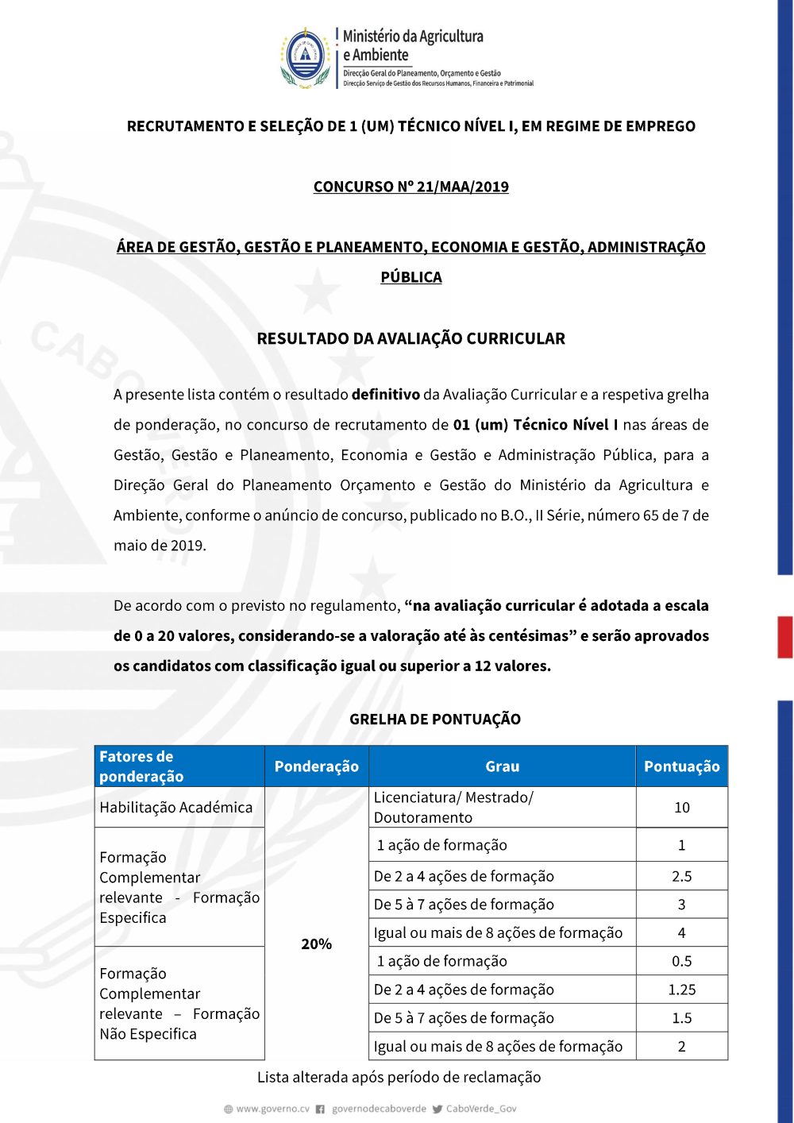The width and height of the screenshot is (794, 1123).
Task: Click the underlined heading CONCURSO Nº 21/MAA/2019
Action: point(410,187)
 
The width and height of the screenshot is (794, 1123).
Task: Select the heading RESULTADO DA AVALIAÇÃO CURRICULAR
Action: point(410,338)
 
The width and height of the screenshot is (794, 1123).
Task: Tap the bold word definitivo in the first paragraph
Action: point(385,395)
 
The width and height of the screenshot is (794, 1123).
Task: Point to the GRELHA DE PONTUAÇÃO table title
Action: point(435,719)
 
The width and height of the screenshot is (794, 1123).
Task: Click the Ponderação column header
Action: point(316,766)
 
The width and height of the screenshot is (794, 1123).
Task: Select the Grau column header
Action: point(502,766)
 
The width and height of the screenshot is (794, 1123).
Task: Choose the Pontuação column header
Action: point(681,766)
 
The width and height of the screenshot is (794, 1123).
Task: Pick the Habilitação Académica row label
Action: point(176,808)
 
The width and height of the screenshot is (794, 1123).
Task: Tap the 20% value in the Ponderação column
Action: point(316,944)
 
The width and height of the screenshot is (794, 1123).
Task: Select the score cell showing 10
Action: point(681,808)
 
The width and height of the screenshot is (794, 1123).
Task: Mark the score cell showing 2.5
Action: point(681,876)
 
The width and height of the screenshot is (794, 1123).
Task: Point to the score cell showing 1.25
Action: point(681,990)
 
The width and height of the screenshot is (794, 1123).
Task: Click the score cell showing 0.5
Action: point(681,961)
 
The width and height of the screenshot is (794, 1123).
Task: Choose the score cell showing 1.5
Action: point(681,1018)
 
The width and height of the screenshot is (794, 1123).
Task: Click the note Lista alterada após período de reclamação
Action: point(399,1077)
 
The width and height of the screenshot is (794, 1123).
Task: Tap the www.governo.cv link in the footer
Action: point(272,1109)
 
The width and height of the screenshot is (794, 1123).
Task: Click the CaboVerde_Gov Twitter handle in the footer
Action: point(481,1109)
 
